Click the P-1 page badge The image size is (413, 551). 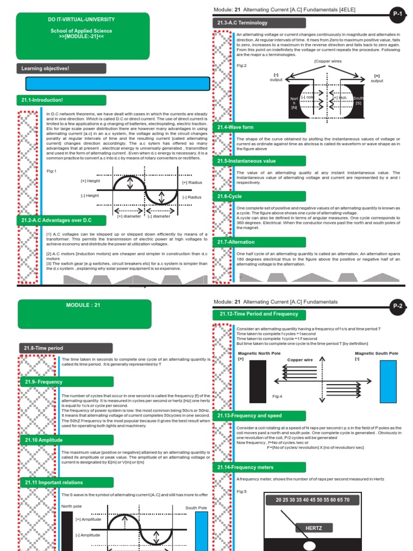point(397,15)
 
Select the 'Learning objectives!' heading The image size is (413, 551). point(61,68)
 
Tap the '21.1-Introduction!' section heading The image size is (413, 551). point(61,100)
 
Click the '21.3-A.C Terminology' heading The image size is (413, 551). point(260,23)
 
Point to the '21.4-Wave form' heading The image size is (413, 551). point(260,127)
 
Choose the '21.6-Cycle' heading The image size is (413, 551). point(260,197)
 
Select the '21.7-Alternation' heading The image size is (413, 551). point(260,242)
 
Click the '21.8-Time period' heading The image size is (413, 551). point(66,348)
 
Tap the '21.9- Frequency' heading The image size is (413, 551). point(66,382)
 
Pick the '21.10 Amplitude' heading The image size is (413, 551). point(66,440)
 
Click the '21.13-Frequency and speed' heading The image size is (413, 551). point(260,416)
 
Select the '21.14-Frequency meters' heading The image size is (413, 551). point(260,467)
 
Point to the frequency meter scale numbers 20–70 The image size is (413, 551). point(312,500)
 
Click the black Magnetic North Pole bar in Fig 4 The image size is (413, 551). point(258,382)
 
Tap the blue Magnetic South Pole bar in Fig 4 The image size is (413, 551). point(388,382)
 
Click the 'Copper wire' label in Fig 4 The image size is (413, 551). point(300,359)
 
